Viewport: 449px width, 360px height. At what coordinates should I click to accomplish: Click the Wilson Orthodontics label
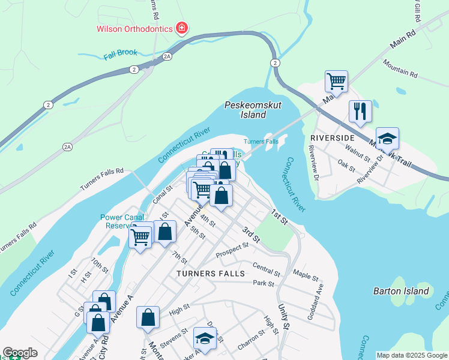134,28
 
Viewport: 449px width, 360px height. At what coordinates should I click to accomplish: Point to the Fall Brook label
120,55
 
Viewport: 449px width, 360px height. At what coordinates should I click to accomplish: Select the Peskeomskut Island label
245,109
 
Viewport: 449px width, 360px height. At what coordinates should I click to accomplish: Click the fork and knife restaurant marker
360,112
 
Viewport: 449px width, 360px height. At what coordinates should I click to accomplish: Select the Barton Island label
401,291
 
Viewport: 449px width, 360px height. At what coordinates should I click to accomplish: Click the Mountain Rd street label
400,70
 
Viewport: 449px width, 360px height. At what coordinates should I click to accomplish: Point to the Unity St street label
283,317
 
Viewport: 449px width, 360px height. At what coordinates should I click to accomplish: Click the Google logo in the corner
20,353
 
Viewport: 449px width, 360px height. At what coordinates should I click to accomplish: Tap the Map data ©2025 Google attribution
412,355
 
